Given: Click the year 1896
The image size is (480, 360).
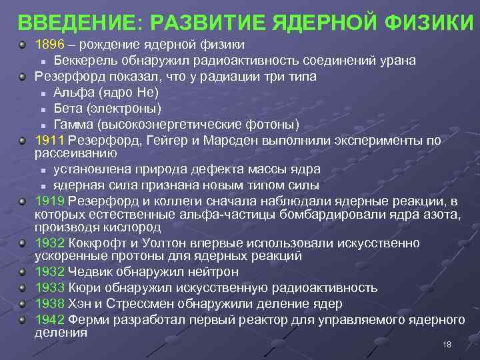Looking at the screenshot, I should pyautogui.click(x=49, y=45).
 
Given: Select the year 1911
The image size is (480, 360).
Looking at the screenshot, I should pyautogui.click(x=49, y=141).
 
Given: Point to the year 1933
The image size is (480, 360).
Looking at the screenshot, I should pyautogui.click(x=49, y=288).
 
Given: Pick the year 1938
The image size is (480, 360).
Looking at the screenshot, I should pyautogui.click(x=49, y=304).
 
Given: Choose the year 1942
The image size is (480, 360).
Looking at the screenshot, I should pyautogui.click(x=49, y=319).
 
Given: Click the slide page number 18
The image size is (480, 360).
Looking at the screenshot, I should pyautogui.click(x=447, y=344).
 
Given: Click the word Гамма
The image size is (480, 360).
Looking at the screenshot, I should pyautogui.click(x=75, y=125).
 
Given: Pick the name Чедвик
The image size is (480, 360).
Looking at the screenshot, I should pyautogui.click(x=89, y=272).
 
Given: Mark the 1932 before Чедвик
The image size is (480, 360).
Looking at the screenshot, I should pyautogui.click(x=49, y=272).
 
